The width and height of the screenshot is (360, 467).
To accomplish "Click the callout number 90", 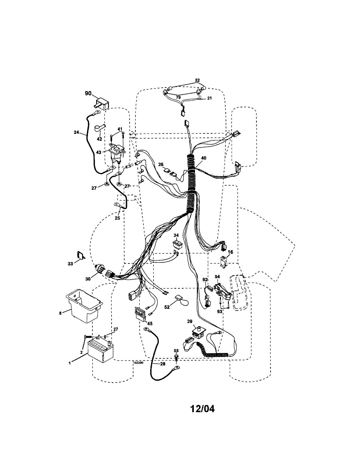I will [88, 93].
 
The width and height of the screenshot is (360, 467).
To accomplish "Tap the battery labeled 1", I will [100, 349].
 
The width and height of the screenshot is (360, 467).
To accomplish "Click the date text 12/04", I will [202, 409].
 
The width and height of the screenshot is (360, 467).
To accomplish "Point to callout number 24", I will [76, 132].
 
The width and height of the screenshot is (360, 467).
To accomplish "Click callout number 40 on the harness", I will [204, 158].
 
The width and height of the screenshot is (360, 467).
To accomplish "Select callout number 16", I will [230, 252].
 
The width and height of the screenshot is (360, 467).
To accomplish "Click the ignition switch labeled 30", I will [100, 268].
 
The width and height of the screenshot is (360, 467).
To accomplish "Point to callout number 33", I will [70, 263].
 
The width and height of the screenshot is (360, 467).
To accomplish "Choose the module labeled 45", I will [140, 313].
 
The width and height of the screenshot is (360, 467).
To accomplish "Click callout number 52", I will [167, 307].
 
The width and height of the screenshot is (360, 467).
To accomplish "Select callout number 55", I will [176, 351].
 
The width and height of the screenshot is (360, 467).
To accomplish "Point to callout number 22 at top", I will [197, 80].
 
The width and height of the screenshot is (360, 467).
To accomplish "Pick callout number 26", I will [161, 164].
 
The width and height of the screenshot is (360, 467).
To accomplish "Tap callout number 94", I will [217, 277].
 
